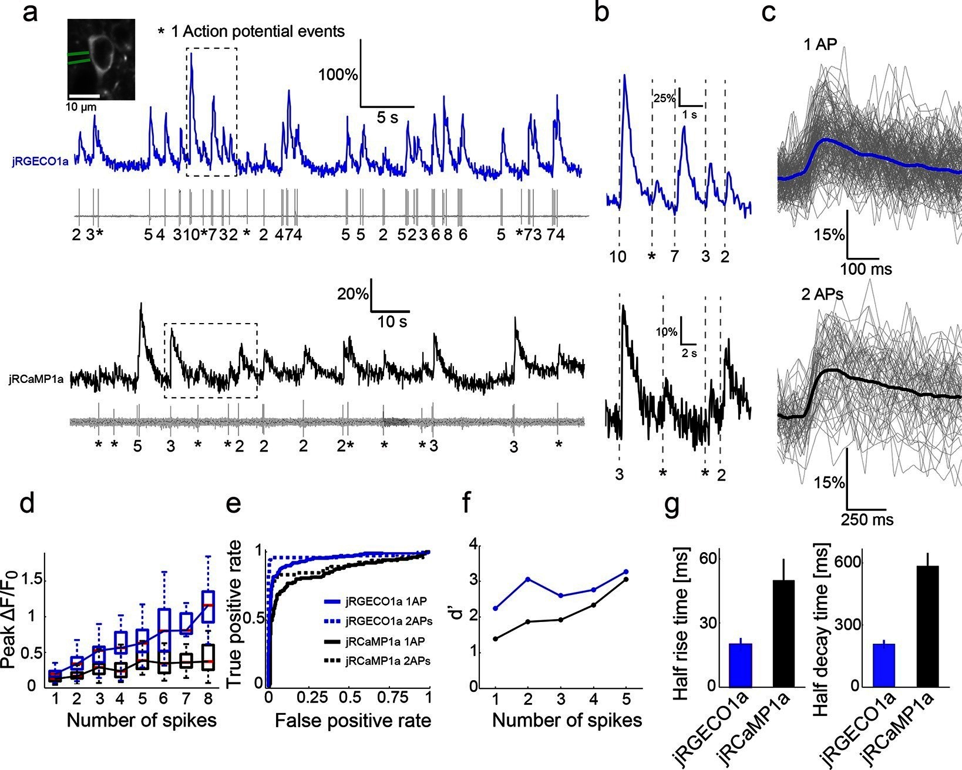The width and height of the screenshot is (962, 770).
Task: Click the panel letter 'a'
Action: point(30,13)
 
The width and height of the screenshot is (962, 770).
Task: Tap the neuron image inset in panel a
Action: point(102,59)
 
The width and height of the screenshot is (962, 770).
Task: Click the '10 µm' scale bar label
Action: point(80,107)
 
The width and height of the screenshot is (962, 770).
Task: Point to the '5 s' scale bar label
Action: point(387,117)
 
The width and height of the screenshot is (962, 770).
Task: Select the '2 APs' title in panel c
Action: point(823,294)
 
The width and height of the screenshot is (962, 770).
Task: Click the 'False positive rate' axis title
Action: point(352,721)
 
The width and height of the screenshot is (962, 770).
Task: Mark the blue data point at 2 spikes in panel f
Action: point(528,579)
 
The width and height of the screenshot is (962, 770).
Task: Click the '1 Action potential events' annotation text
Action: point(257,31)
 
